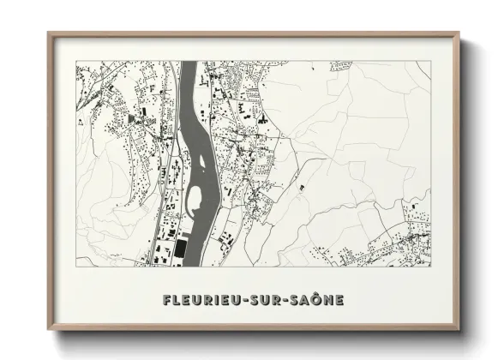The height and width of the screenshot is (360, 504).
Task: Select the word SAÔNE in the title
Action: click(316, 300)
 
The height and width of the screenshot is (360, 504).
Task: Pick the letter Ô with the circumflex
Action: click(316, 300)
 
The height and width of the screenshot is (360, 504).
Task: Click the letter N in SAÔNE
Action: click(328, 300)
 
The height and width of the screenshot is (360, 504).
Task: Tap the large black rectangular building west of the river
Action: click(180, 249)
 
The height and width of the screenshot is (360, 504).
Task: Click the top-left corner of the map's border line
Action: click(76, 63)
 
